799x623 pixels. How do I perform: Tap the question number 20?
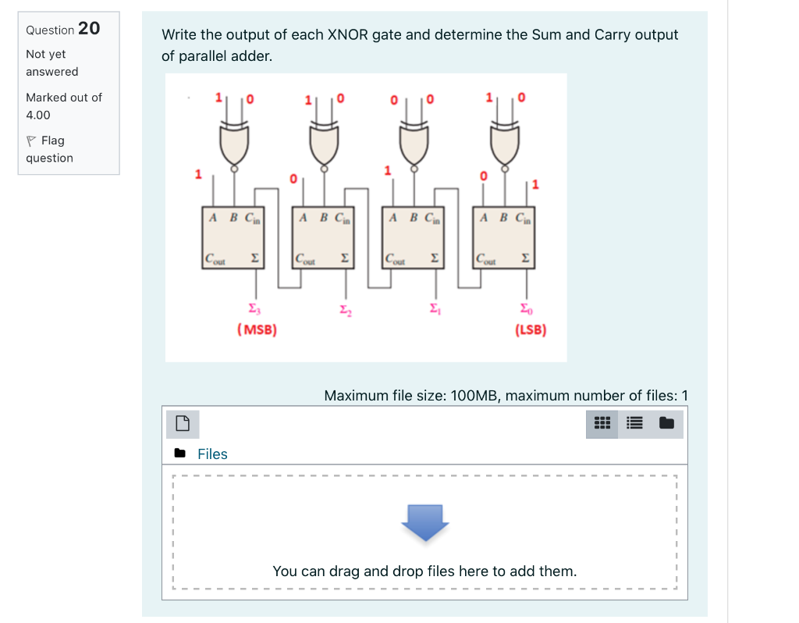pyautogui.click(x=89, y=29)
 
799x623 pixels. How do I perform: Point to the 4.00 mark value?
pyautogui.click(x=38, y=115)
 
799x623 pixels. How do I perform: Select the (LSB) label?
pyautogui.click(x=531, y=329)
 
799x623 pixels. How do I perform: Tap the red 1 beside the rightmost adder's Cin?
pyautogui.click(x=535, y=184)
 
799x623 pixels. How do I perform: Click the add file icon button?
pyautogui.click(x=183, y=424)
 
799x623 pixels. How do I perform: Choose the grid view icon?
pyautogui.click(x=602, y=424)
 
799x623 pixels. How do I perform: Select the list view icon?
pyautogui.click(x=634, y=424)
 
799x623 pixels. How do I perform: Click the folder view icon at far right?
pyautogui.click(x=666, y=424)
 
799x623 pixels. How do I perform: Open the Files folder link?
pyautogui.click(x=211, y=454)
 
